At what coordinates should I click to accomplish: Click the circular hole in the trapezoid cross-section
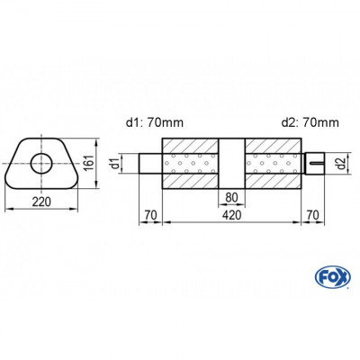(x=40, y=163)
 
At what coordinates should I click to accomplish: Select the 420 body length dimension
(x=232, y=217)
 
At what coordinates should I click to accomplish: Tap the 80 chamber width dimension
(x=232, y=200)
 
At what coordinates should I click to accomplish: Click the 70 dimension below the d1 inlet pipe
(x=150, y=217)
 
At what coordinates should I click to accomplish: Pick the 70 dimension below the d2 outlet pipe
(x=313, y=217)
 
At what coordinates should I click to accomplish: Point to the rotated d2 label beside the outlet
(x=338, y=164)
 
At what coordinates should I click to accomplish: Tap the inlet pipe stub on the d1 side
(x=150, y=165)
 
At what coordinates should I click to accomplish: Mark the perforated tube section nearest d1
(x=192, y=165)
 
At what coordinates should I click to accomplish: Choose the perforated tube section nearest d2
(x=273, y=165)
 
